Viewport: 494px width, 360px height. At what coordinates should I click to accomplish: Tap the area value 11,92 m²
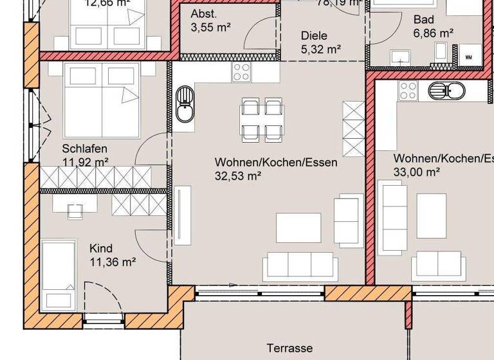pos(85,162)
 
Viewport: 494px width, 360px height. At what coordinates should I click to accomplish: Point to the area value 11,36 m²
pos(112,262)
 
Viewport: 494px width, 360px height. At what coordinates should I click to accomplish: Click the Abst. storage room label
pos(203,14)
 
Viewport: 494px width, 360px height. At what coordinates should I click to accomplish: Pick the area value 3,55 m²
pos(211,27)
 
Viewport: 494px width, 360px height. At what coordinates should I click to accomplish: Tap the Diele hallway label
pos(314,35)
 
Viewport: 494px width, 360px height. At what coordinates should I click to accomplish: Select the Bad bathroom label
pos(423,19)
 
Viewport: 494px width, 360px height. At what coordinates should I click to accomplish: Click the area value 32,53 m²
pos(237,175)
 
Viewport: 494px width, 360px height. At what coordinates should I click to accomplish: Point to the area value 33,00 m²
pos(416,172)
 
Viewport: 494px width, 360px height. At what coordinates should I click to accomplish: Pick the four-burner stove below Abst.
pos(241,71)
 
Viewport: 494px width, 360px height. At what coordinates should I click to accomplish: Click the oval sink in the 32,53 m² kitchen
pos(184,105)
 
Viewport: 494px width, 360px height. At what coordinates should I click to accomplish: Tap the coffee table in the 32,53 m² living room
pos(298,228)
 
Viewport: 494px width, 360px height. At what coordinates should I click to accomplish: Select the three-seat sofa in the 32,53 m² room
pos(300,264)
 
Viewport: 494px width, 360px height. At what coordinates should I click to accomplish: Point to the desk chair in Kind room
pos(75,211)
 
